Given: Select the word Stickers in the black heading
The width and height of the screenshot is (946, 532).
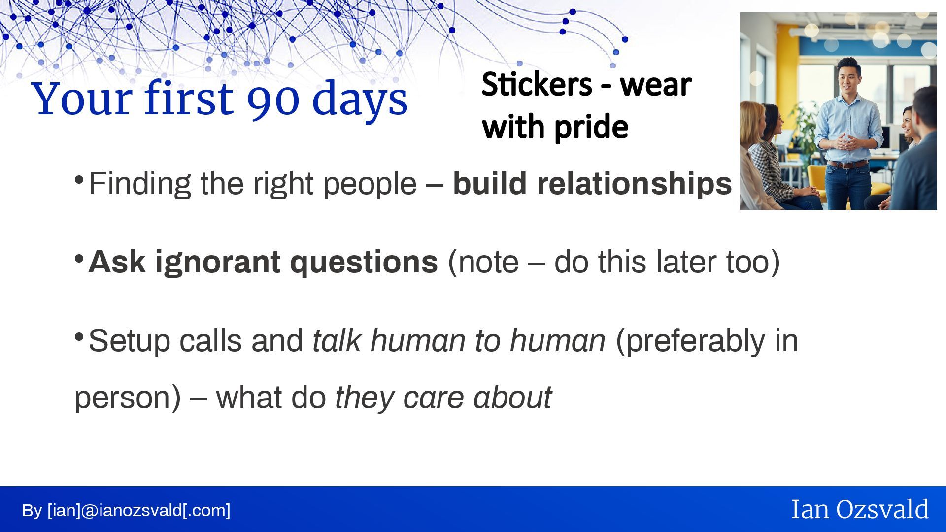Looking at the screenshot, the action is point(537,84).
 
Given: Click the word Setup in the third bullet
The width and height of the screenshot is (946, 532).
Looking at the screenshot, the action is point(129,341).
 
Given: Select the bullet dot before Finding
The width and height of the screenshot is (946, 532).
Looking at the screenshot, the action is point(79,180).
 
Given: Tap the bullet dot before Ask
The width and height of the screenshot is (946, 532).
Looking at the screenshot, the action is point(79,258).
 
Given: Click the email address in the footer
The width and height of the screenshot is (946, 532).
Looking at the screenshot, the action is point(139,511).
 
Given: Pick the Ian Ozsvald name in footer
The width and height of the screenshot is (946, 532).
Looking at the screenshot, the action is point(860,509).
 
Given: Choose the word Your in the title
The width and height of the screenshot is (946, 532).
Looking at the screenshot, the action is point(82,99).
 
